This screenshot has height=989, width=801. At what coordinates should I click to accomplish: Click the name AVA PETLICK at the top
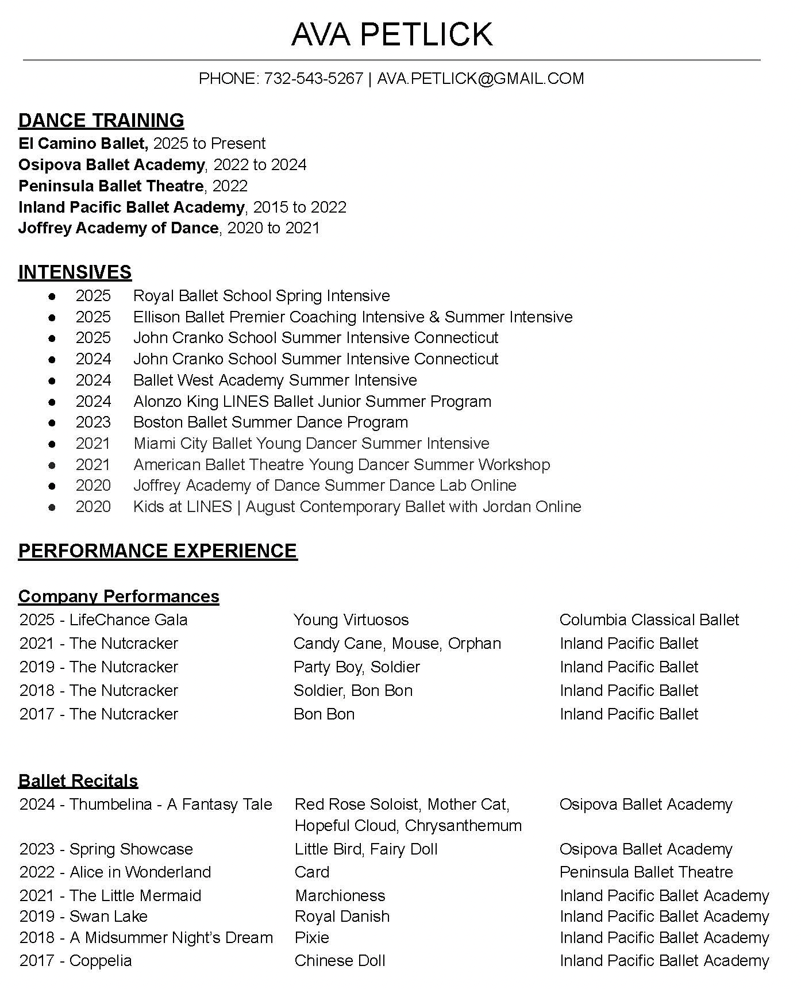click(x=392, y=34)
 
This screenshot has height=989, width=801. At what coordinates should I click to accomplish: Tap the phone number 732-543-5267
click(x=313, y=79)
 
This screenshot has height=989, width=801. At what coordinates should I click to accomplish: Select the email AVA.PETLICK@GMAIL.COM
click(x=480, y=79)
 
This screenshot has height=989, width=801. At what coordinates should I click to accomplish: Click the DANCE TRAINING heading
click(x=101, y=121)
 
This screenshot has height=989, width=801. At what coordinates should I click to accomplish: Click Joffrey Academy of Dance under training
click(x=118, y=228)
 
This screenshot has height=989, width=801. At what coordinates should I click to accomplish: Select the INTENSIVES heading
click(x=75, y=272)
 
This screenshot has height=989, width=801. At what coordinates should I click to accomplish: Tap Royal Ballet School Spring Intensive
click(x=261, y=296)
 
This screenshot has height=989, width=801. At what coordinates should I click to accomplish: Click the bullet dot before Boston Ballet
click(x=52, y=422)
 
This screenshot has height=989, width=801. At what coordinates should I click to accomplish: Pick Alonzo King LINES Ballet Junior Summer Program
click(x=312, y=402)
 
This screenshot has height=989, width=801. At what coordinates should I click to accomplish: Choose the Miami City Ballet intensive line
click(x=311, y=444)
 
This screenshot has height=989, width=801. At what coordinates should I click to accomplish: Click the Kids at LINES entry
click(x=357, y=507)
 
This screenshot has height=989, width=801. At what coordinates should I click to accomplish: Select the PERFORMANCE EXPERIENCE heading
click(x=157, y=551)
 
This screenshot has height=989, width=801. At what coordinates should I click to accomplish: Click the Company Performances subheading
click(x=118, y=597)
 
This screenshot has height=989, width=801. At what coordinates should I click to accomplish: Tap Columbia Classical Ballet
click(x=649, y=620)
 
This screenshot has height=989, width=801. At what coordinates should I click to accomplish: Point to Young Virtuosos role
click(x=351, y=620)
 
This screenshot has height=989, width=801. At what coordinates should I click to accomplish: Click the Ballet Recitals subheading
click(x=78, y=781)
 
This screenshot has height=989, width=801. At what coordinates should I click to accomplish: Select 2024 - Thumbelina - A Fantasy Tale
click(x=145, y=805)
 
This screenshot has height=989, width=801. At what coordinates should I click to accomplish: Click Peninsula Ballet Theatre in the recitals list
click(x=646, y=872)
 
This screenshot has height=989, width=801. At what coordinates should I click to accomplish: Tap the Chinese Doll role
click(x=340, y=961)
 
